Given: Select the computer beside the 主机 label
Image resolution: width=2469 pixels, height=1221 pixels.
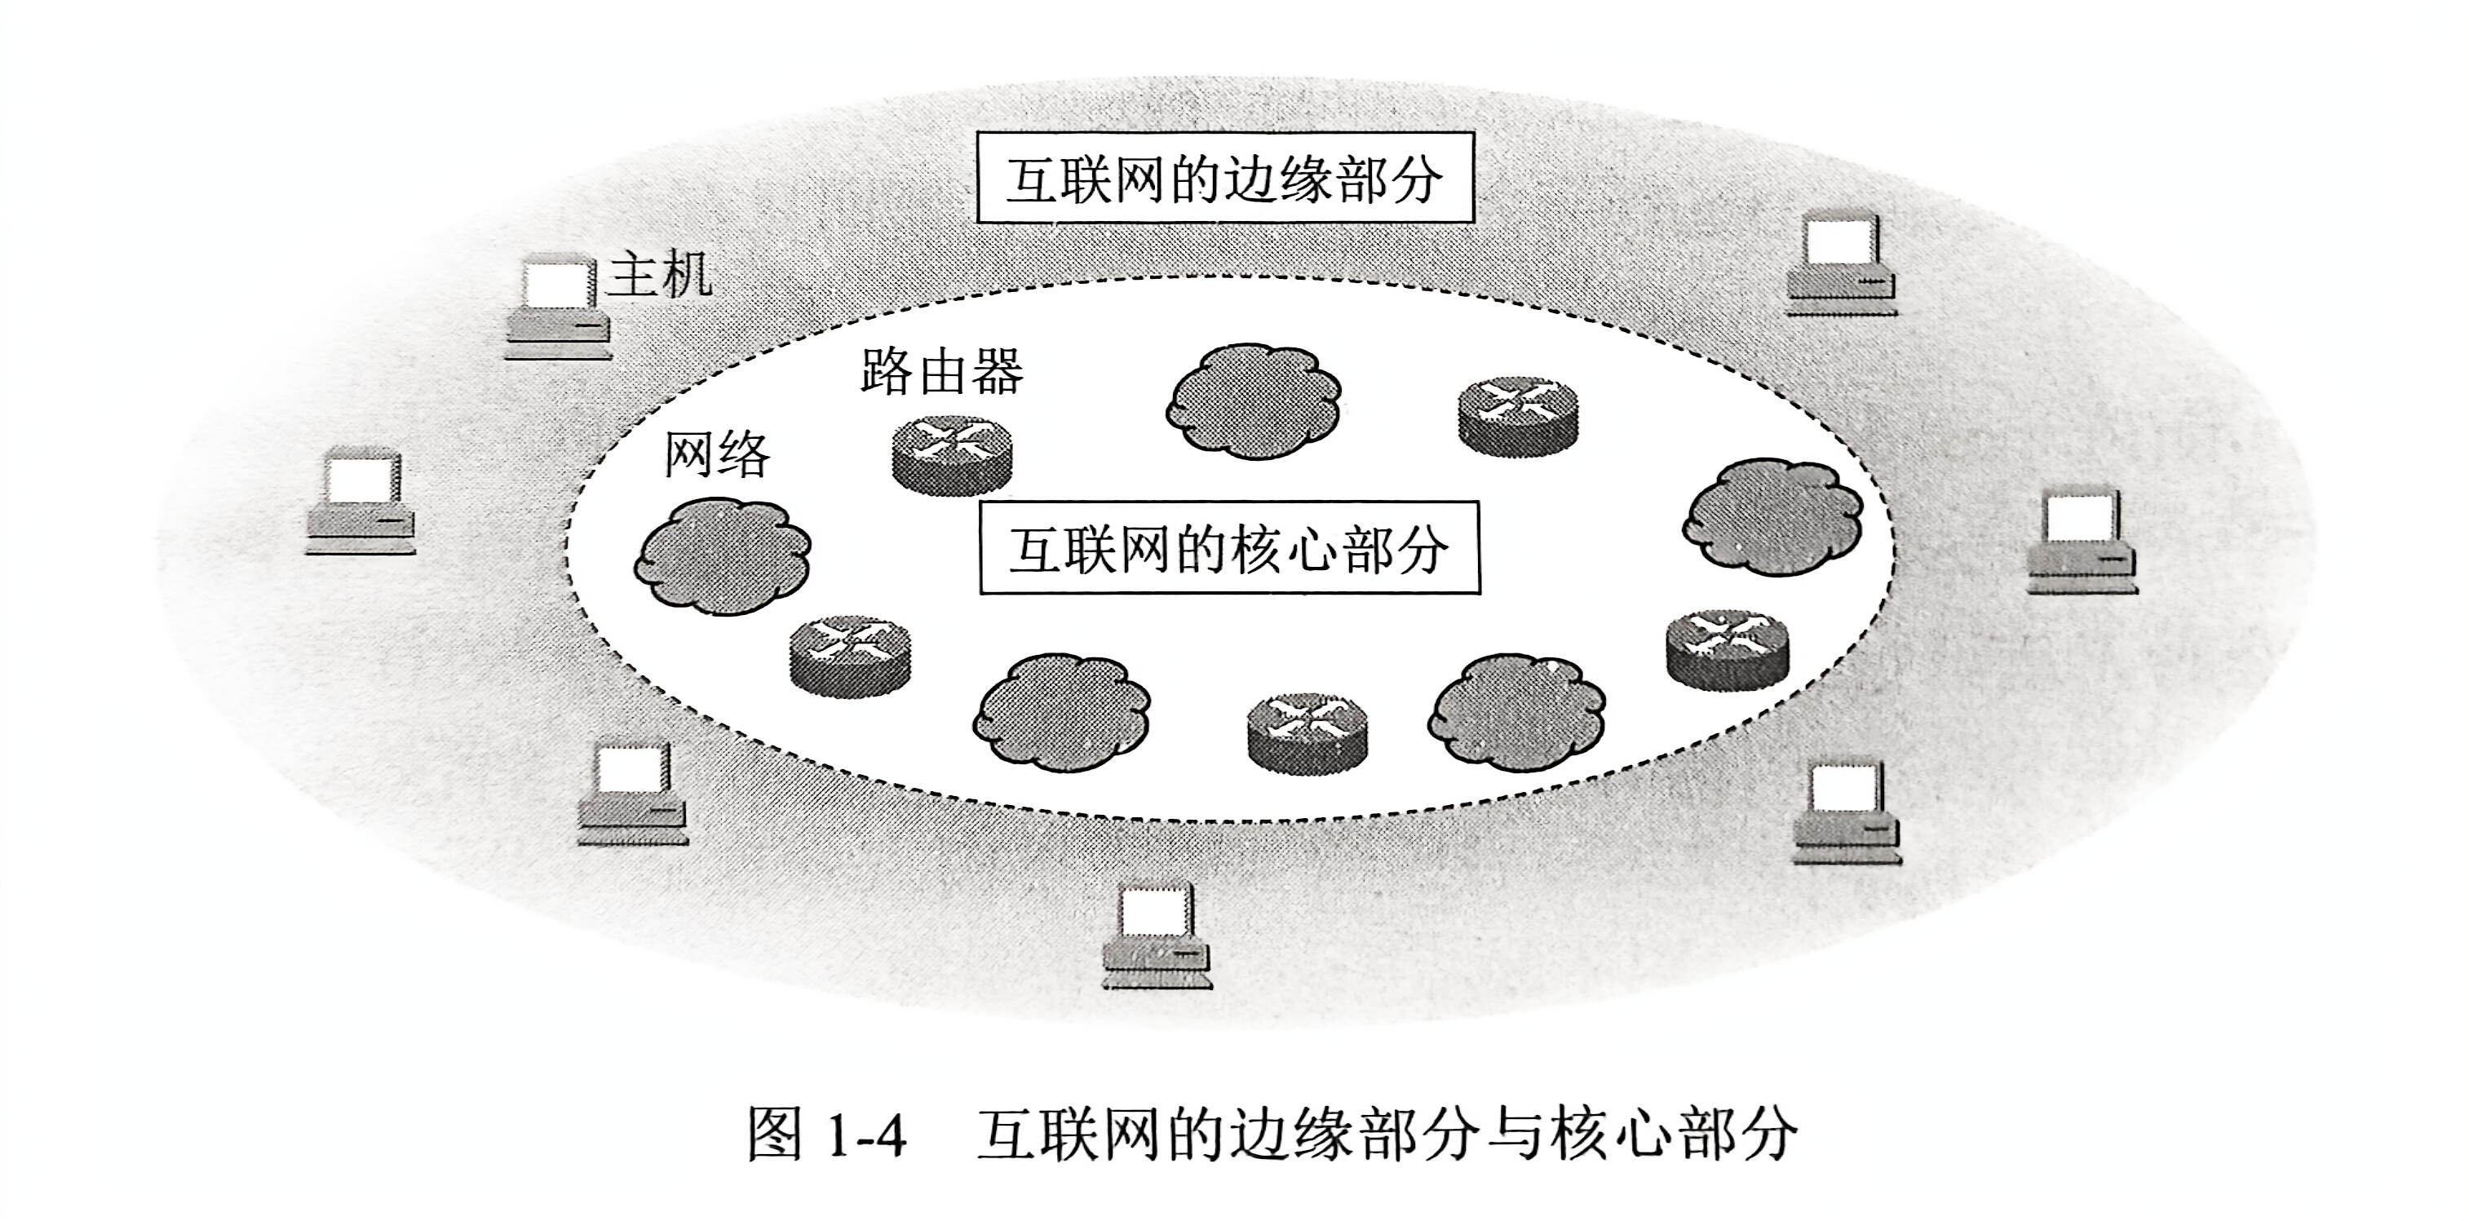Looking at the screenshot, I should [558, 307].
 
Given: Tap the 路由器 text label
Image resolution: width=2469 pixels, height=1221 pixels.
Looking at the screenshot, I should [941, 372].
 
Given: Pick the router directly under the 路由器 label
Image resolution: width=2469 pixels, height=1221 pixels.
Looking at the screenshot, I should [952, 455].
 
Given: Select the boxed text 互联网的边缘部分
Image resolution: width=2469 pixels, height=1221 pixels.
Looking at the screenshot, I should [1224, 179].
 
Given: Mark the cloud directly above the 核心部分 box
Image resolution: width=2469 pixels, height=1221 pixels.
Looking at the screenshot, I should [1253, 400].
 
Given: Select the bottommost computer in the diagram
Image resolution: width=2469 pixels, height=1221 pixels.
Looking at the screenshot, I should [1157, 936].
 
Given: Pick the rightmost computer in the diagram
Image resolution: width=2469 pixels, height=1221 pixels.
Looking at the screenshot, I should [2082, 542].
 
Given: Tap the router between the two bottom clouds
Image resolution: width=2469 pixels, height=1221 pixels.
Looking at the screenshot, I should [1308, 733].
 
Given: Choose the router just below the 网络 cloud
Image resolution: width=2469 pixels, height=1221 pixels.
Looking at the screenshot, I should [850, 655].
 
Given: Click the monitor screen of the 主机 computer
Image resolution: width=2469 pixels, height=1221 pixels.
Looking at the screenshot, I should [555, 284].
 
